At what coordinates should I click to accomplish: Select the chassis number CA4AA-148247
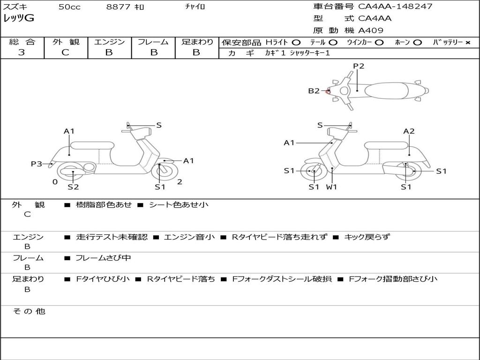pyautogui.click(x=395, y=7)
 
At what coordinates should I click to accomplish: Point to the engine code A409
pyautogui.click(x=371, y=30)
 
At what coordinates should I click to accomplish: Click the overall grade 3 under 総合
pyautogui.click(x=22, y=52)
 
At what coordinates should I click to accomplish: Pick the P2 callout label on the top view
pyautogui.click(x=359, y=66)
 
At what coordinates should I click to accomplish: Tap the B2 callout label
pyautogui.click(x=314, y=91)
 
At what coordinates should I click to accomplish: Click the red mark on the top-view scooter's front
pyautogui.click(x=328, y=92)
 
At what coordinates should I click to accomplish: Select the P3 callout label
pyautogui.click(x=37, y=164)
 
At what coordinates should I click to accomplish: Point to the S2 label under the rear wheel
pyautogui.click(x=73, y=187)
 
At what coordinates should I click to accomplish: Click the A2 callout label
pyautogui.click(x=409, y=131)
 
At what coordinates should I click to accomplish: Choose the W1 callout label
pyautogui.click(x=332, y=187)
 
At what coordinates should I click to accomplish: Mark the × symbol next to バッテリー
pyautogui.click(x=468, y=42)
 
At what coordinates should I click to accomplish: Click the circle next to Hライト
pyautogui.click(x=296, y=42)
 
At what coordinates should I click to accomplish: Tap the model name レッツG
pyautogui.click(x=19, y=19)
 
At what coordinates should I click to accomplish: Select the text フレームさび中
pyautogui.click(x=103, y=258)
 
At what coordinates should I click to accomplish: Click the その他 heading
pyautogui.click(x=29, y=311)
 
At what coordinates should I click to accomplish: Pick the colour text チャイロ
pyautogui.click(x=195, y=7)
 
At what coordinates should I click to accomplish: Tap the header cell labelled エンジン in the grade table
pyautogui.click(x=109, y=42)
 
